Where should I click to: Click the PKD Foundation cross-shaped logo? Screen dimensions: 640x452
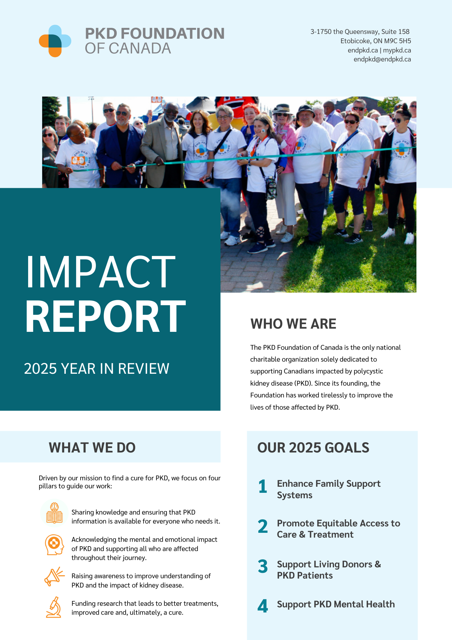(x=55, y=41)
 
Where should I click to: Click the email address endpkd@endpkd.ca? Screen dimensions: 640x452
(x=382, y=59)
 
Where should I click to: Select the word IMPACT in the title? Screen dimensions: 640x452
(x=100, y=272)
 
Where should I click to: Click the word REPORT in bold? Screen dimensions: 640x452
(x=105, y=317)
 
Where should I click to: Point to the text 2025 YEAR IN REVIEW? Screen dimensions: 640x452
(x=97, y=369)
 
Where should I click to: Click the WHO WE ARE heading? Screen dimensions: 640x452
(x=293, y=324)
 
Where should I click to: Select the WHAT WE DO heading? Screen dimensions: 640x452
(x=92, y=447)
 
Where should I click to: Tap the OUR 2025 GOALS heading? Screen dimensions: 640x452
(x=313, y=447)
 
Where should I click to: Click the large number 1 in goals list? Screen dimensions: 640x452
(x=262, y=487)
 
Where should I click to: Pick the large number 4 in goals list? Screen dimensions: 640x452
(x=262, y=606)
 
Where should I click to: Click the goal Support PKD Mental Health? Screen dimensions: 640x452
(x=336, y=604)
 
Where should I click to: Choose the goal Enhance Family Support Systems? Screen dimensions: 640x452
(x=328, y=489)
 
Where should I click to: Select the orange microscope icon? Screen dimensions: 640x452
(x=54, y=607)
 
